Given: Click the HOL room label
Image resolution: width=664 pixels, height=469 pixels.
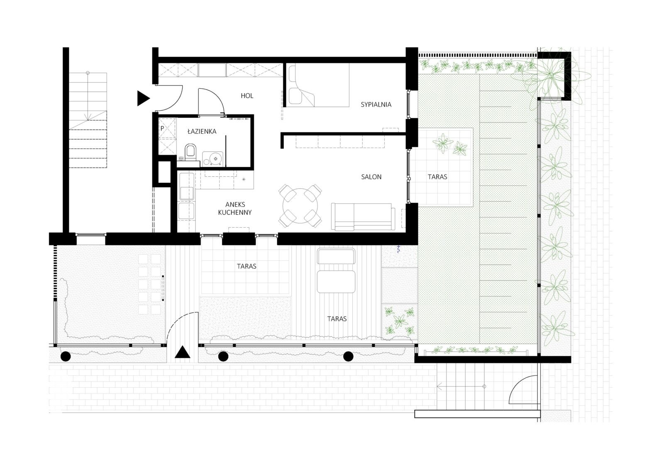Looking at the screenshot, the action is pos(247,96).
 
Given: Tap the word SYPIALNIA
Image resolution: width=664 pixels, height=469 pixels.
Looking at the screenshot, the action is pos(376,104).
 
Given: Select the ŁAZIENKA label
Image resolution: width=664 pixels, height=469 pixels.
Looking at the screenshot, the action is pos(202,131).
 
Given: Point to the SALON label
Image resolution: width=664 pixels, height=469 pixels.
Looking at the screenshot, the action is pos(371,177).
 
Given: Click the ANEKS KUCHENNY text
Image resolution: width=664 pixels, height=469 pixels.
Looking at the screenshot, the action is pos(235,208).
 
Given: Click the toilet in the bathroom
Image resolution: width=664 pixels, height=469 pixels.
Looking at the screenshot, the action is pos(190,151).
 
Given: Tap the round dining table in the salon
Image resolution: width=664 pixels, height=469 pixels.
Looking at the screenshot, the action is pos(300,206).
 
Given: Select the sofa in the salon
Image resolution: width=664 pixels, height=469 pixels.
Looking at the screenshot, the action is pos(363,216).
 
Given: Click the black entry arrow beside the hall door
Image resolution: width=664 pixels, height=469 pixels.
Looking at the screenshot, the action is pos(143,98).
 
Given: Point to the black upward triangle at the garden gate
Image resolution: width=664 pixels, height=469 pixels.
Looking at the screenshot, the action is pos(182,352).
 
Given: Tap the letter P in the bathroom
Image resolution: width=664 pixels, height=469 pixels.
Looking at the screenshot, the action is pos(162,129).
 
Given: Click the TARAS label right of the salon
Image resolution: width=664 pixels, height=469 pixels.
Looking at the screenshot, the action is pos(437,177).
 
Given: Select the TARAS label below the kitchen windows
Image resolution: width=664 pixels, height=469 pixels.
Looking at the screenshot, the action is pos(247,266).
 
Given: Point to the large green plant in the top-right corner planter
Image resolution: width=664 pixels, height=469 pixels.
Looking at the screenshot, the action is pos(550,75).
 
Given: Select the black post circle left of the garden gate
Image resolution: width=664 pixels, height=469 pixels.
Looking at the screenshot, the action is pos(66,357).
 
